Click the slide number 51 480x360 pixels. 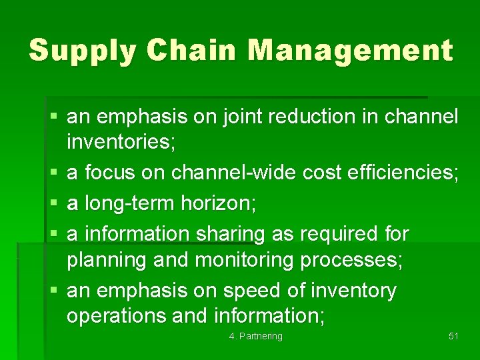point(453,336)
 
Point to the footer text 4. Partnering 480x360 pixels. point(255,336)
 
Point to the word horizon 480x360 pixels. point(219,203)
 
